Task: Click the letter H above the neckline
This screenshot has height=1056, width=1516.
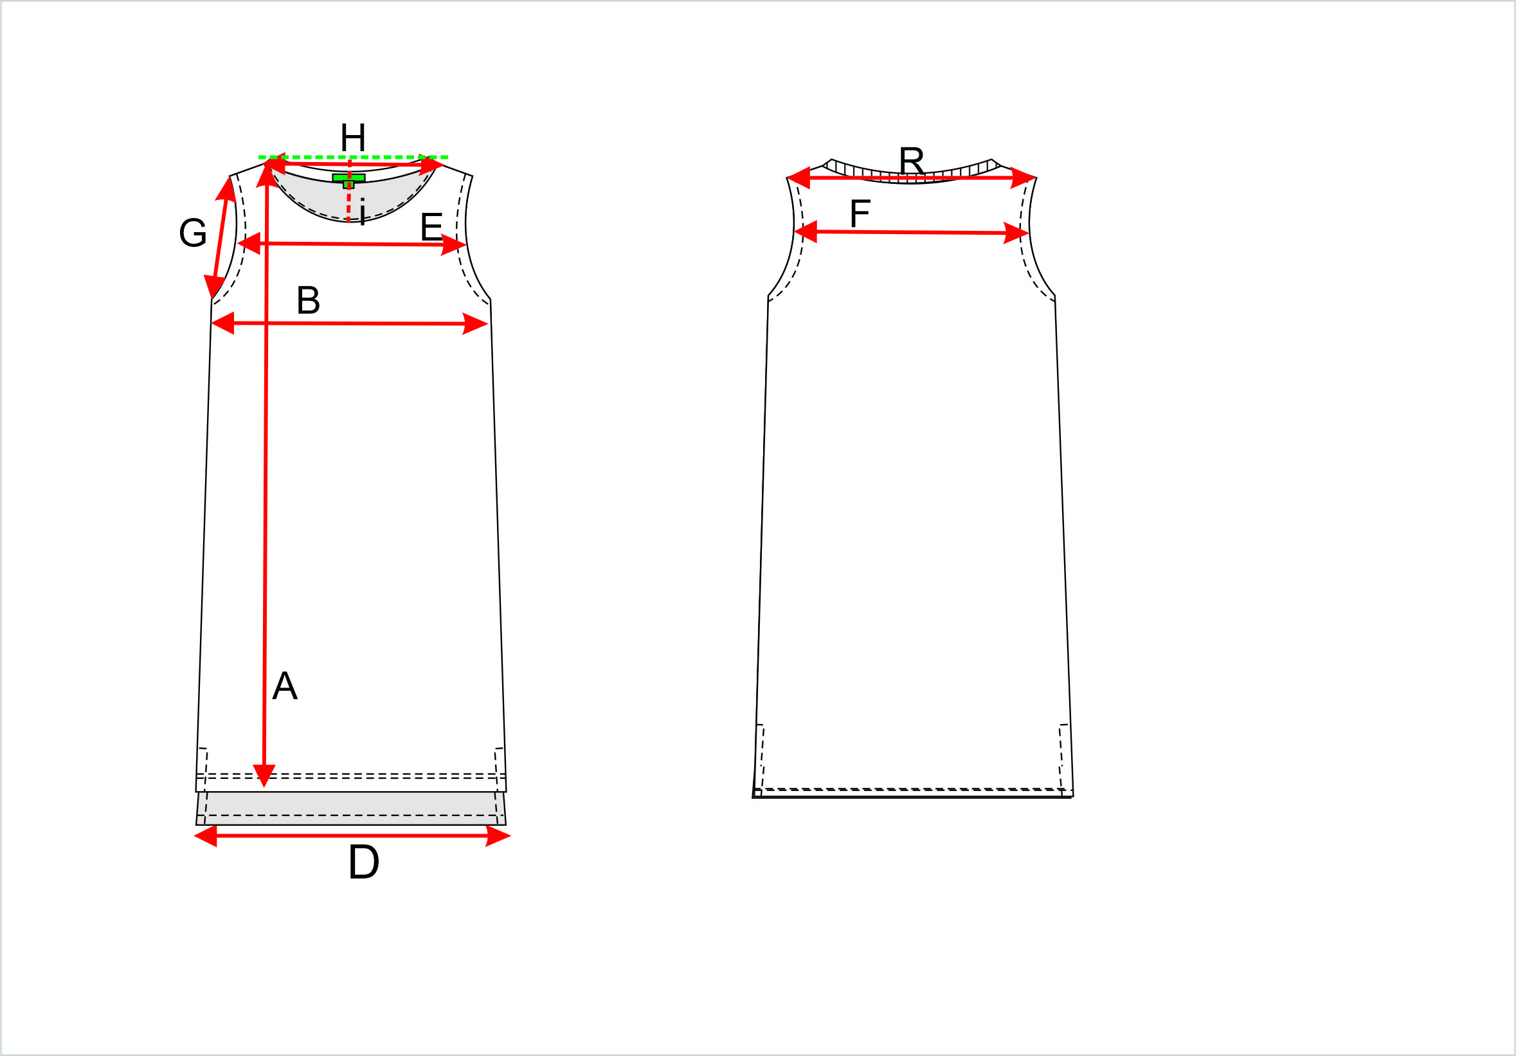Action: tap(352, 138)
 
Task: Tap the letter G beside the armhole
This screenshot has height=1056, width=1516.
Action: tap(193, 233)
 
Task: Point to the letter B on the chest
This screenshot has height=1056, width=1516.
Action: tap(309, 300)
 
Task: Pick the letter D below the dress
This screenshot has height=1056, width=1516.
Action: tap(363, 862)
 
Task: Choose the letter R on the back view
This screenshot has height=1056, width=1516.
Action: tap(911, 161)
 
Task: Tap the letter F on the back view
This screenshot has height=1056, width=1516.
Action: tap(860, 214)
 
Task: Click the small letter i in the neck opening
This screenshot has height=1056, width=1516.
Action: tap(362, 212)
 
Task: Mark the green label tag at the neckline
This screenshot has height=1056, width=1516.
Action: tap(348, 179)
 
